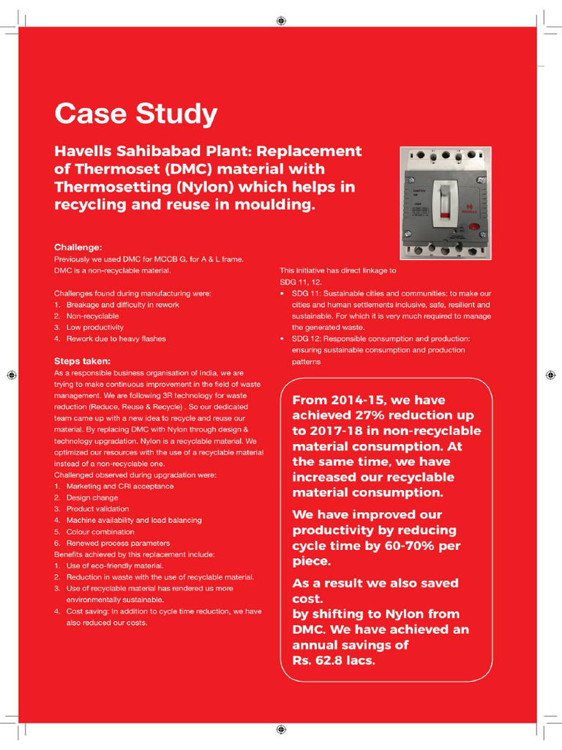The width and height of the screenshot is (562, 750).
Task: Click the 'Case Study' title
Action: click(135, 114)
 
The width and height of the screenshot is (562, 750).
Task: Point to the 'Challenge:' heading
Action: click(78, 248)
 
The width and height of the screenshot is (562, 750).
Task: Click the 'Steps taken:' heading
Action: click(83, 361)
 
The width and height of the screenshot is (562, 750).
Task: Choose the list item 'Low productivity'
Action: click(94, 327)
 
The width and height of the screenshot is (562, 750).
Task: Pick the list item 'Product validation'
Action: click(97, 509)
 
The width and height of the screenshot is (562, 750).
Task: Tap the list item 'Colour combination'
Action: click(100, 532)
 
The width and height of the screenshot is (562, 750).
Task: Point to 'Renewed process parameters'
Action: click(118, 543)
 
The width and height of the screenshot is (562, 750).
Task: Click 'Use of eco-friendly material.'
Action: click(115, 566)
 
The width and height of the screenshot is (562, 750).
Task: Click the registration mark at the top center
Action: click(281, 21)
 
